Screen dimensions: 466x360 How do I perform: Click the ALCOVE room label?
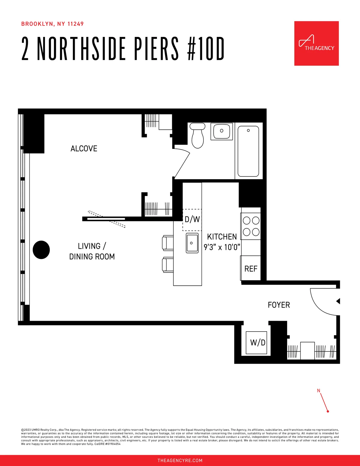pyautogui.click(x=84, y=149)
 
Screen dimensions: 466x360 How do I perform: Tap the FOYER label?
pyautogui.click(x=279, y=305)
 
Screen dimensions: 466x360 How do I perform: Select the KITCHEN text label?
pyautogui.click(x=222, y=237)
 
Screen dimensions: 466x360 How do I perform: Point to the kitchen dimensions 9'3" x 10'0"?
pyautogui.click(x=222, y=247)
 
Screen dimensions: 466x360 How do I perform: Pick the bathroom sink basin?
pyautogui.click(x=222, y=131)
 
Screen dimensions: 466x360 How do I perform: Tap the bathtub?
pyautogui.click(x=248, y=151)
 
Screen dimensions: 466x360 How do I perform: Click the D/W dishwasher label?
pyautogui.click(x=192, y=219)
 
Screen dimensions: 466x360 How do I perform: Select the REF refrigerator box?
pyautogui.click(x=251, y=268)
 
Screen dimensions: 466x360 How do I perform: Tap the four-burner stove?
pyautogui.click(x=251, y=226)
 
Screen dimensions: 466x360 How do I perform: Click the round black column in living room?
pyautogui.click(x=41, y=250)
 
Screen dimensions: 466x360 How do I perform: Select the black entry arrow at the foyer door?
pyautogui.click(x=338, y=301)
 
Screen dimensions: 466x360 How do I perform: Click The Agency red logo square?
pyautogui.click(x=316, y=43)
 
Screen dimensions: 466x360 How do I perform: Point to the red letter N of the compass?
pyautogui.click(x=319, y=391)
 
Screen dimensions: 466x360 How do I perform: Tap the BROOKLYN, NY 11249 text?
pyautogui.click(x=52, y=24)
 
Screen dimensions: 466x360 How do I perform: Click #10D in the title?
pyautogui.click(x=206, y=49)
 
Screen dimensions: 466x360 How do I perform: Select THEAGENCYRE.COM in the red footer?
pyautogui.click(x=180, y=460)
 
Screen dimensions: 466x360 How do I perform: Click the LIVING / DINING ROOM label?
pyautogui.click(x=92, y=251)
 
